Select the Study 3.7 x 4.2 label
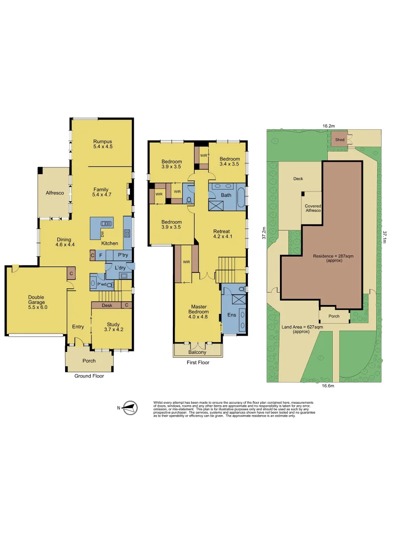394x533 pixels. pyautogui.click(x=112, y=327)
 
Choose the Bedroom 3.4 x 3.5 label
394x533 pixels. pyautogui.click(x=229, y=161)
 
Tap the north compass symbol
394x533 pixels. pyautogui.click(x=130, y=408)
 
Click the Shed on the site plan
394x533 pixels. pyautogui.click(x=339, y=140)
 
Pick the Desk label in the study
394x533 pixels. pyautogui.click(x=107, y=305)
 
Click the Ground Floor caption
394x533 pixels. pyautogui.click(x=89, y=376)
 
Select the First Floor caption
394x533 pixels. pyautogui.click(x=197, y=362)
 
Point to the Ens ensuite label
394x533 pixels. pyautogui.click(x=231, y=314)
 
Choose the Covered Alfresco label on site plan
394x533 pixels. pyautogui.click(x=313, y=208)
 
